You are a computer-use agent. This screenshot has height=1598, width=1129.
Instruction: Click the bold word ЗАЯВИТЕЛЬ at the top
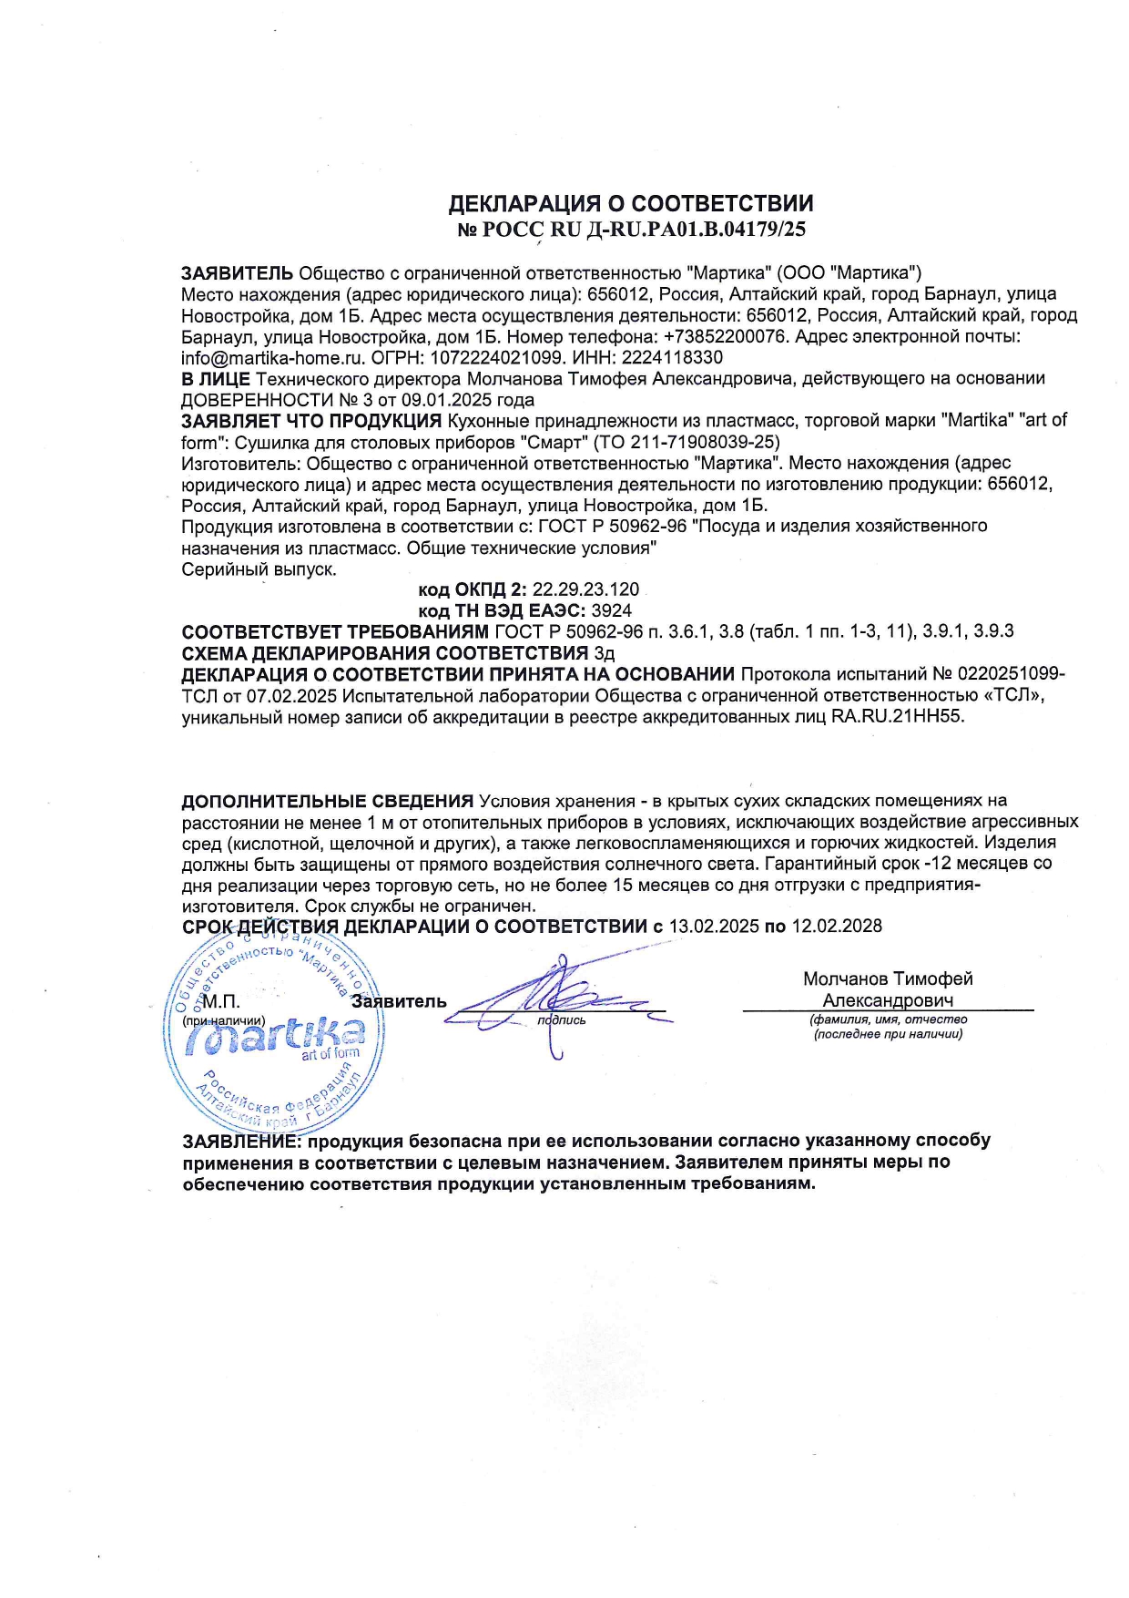coord(237,272)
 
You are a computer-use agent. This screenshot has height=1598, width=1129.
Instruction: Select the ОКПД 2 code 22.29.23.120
coord(585,589)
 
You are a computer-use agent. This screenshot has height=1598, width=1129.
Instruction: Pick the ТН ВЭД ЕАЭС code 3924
coord(611,610)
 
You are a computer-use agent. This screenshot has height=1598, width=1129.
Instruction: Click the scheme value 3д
coord(605,653)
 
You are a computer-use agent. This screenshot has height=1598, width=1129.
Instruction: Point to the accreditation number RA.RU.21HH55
coord(896,716)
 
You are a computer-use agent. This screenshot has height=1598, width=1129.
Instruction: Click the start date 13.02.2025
coord(714,927)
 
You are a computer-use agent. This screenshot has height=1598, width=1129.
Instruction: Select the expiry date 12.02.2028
coord(837,927)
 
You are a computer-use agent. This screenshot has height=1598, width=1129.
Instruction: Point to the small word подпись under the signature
coord(562,1020)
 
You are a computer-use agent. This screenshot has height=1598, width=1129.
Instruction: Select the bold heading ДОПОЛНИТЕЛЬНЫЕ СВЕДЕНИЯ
coord(327,801)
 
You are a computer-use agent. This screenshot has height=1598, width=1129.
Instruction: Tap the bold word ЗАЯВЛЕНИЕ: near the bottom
coord(241,1141)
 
